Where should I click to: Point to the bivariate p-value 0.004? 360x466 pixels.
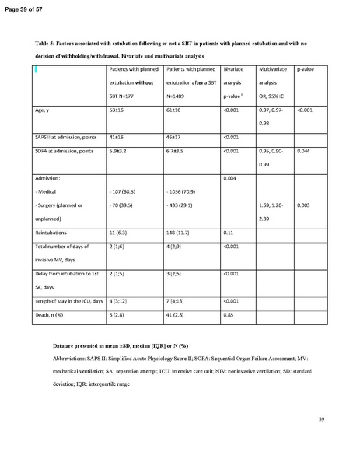pos(231,179)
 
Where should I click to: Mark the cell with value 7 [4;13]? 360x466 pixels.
pos(178,300)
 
